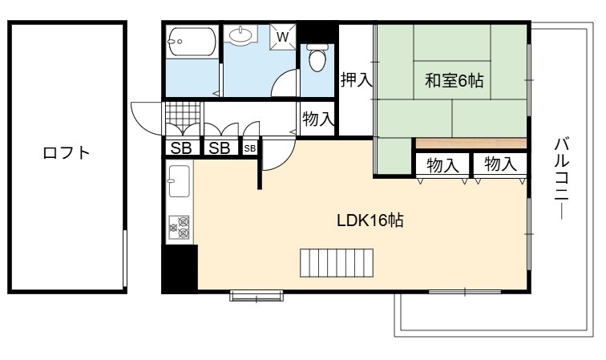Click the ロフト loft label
point(66,153)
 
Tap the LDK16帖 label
point(370,220)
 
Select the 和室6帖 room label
point(454,81)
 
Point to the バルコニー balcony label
point(562,179)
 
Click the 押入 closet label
point(357,79)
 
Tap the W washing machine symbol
point(282,37)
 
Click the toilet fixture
point(317,58)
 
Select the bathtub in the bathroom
point(192,42)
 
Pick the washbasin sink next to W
point(240,34)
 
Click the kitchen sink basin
point(179,181)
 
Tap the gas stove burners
point(179,228)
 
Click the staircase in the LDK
point(337,263)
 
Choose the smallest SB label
point(249,148)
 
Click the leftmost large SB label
point(181,148)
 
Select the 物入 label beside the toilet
point(317,119)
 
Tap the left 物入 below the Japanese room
point(442,165)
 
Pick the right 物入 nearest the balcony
point(500,164)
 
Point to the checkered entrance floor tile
point(183,113)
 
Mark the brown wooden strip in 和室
point(471,143)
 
